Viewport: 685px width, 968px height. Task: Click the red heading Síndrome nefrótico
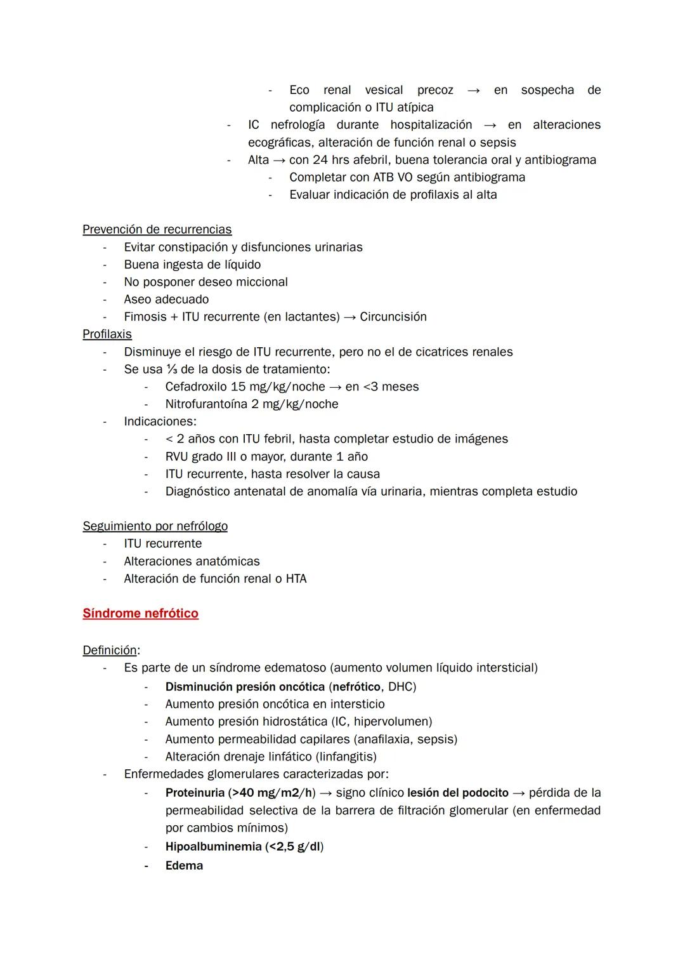(x=140, y=613)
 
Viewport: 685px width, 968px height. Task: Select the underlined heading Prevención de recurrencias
(x=157, y=229)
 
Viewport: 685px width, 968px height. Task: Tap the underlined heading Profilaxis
(x=107, y=334)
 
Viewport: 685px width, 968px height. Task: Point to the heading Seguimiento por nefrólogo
(x=155, y=526)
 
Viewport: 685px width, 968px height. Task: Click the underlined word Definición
(x=110, y=650)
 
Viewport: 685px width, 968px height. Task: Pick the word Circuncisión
(x=393, y=317)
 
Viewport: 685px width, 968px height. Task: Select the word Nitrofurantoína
(x=206, y=404)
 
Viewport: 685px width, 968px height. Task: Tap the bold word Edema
(x=184, y=865)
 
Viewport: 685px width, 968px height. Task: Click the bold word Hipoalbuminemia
(x=213, y=846)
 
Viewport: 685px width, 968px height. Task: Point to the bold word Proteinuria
(x=195, y=793)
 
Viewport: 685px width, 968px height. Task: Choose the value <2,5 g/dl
(x=294, y=846)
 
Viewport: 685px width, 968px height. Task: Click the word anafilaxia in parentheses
(x=386, y=739)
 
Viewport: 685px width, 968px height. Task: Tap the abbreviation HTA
(x=296, y=578)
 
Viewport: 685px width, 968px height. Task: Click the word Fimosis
(x=145, y=317)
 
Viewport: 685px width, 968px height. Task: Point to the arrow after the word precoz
(x=473, y=90)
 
